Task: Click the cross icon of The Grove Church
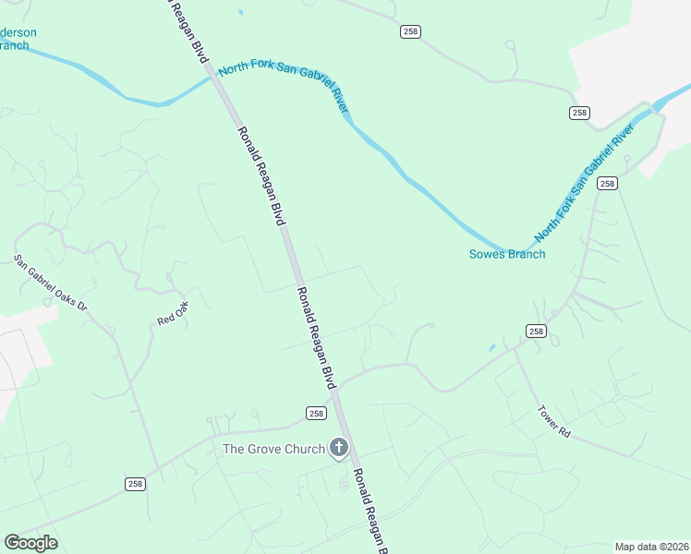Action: (x=339, y=449)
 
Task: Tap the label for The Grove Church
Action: (x=274, y=450)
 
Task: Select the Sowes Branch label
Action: (x=507, y=254)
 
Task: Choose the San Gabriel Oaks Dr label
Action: (x=50, y=283)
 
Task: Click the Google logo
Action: (x=30, y=542)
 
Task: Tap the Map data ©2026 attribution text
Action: (x=651, y=547)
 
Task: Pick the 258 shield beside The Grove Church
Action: (x=317, y=414)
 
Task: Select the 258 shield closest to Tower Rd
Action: (x=537, y=331)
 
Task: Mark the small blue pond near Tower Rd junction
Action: (x=491, y=348)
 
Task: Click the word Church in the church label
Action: (x=304, y=450)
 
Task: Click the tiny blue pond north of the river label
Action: (x=240, y=12)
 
